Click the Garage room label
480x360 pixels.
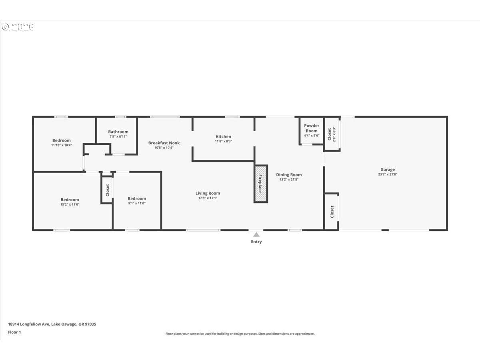point(388,169)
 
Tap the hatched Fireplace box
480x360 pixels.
point(261,184)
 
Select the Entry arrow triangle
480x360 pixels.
point(256,234)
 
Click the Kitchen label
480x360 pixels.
point(223,136)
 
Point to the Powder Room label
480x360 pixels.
point(312,128)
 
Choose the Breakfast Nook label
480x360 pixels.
point(164,143)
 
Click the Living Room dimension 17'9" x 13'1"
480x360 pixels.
point(208,198)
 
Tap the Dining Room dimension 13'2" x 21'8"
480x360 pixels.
point(289,180)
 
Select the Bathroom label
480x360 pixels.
point(118,132)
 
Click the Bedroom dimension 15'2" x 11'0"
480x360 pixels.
point(70,204)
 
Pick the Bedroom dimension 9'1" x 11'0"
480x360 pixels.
point(137,203)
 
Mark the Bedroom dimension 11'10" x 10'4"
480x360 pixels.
point(62,145)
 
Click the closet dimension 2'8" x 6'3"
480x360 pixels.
point(334,134)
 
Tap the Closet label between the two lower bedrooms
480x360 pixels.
point(107,190)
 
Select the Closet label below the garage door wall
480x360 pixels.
point(332,212)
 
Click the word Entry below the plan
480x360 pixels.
point(256,242)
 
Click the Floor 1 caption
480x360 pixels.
point(14,332)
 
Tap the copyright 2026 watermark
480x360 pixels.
point(18,27)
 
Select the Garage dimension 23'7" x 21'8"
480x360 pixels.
point(388,174)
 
